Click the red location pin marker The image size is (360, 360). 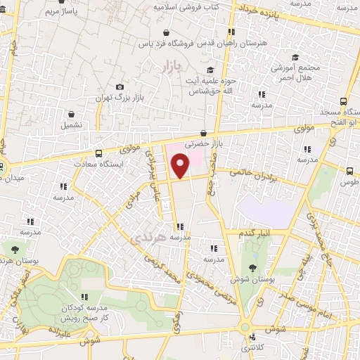click(x=181, y=166)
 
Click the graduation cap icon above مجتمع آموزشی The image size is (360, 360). click(x=296, y=57)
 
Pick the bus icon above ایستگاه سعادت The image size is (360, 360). click(x=98, y=152)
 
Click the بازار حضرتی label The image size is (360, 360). click(x=203, y=143)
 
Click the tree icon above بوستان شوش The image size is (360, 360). click(x=252, y=266)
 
